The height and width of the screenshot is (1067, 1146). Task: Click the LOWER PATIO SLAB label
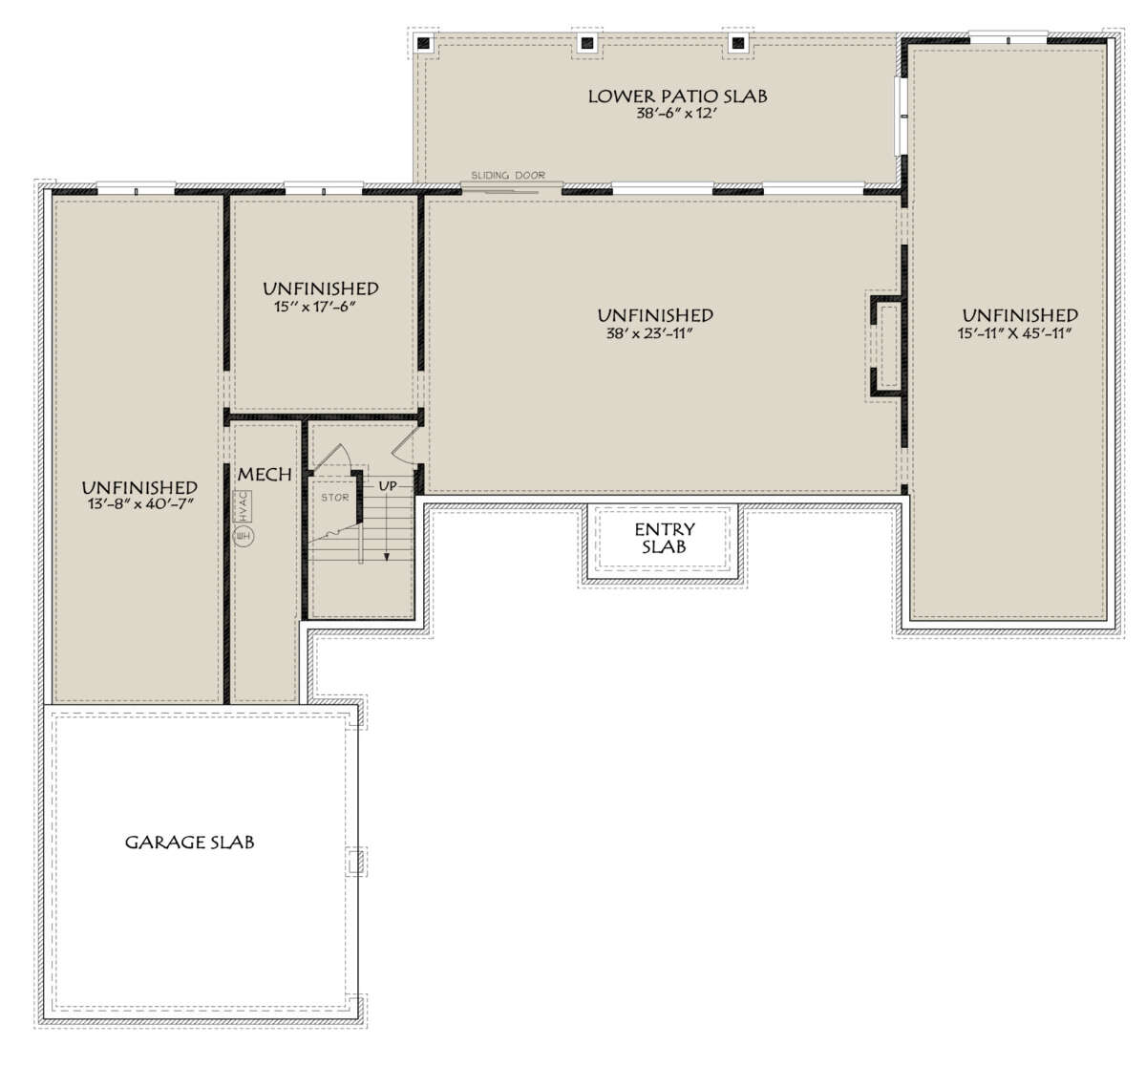(x=677, y=96)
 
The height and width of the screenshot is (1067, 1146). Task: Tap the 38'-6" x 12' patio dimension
(x=676, y=113)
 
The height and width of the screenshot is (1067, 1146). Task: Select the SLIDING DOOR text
(x=508, y=175)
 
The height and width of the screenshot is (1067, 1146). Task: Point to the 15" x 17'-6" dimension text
(x=314, y=306)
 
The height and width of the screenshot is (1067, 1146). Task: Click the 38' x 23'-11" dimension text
(x=648, y=333)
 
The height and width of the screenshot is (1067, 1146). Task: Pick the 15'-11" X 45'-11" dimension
(x=1014, y=333)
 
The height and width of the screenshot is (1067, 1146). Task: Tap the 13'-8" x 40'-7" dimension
(x=140, y=503)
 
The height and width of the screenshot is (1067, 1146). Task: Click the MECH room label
(x=265, y=475)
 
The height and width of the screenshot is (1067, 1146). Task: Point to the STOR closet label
(x=334, y=497)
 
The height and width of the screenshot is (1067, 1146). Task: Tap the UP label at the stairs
(x=388, y=486)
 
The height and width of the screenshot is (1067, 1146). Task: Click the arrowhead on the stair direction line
(x=387, y=557)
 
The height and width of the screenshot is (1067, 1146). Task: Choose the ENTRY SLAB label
(x=664, y=538)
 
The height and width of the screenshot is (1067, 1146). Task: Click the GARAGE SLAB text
(x=189, y=843)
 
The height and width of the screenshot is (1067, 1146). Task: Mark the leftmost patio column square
(x=424, y=43)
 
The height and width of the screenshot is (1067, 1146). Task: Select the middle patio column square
(x=587, y=43)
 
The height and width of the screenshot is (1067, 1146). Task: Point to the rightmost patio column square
(x=738, y=43)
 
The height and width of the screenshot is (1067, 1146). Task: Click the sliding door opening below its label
(x=511, y=189)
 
